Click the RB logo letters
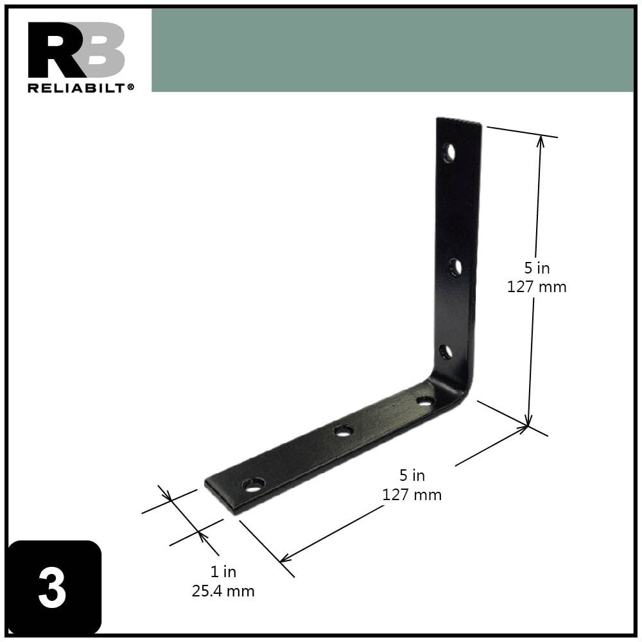pyautogui.click(x=76, y=50)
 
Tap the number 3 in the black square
pyautogui.click(x=52, y=588)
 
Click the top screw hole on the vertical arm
pyautogui.click(x=449, y=153)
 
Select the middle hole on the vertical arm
pyautogui.click(x=455, y=267)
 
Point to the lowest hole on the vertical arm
pyautogui.click(x=446, y=352)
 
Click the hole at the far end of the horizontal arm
pyautogui.click(x=254, y=484)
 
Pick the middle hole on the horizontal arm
pyautogui.click(x=344, y=430)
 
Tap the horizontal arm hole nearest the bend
pyautogui.click(x=425, y=401)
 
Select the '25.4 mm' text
pyautogui.click(x=223, y=591)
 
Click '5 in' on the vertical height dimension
pyautogui.click(x=537, y=268)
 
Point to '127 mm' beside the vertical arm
pyautogui.click(x=537, y=287)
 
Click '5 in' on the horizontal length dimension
pyautogui.click(x=412, y=476)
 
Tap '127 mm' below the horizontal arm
pyautogui.click(x=412, y=495)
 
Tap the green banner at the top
pyautogui.click(x=392, y=50)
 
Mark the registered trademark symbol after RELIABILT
pyautogui.click(x=131, y=87)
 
